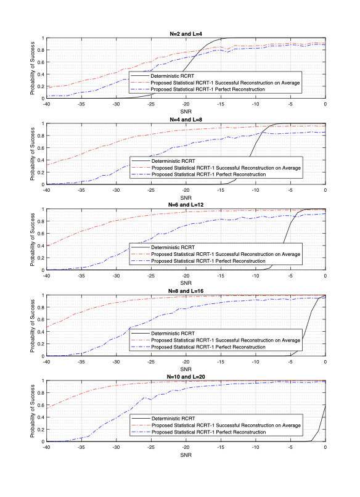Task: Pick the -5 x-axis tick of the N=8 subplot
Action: pyautogui.click(x=290, y=361)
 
